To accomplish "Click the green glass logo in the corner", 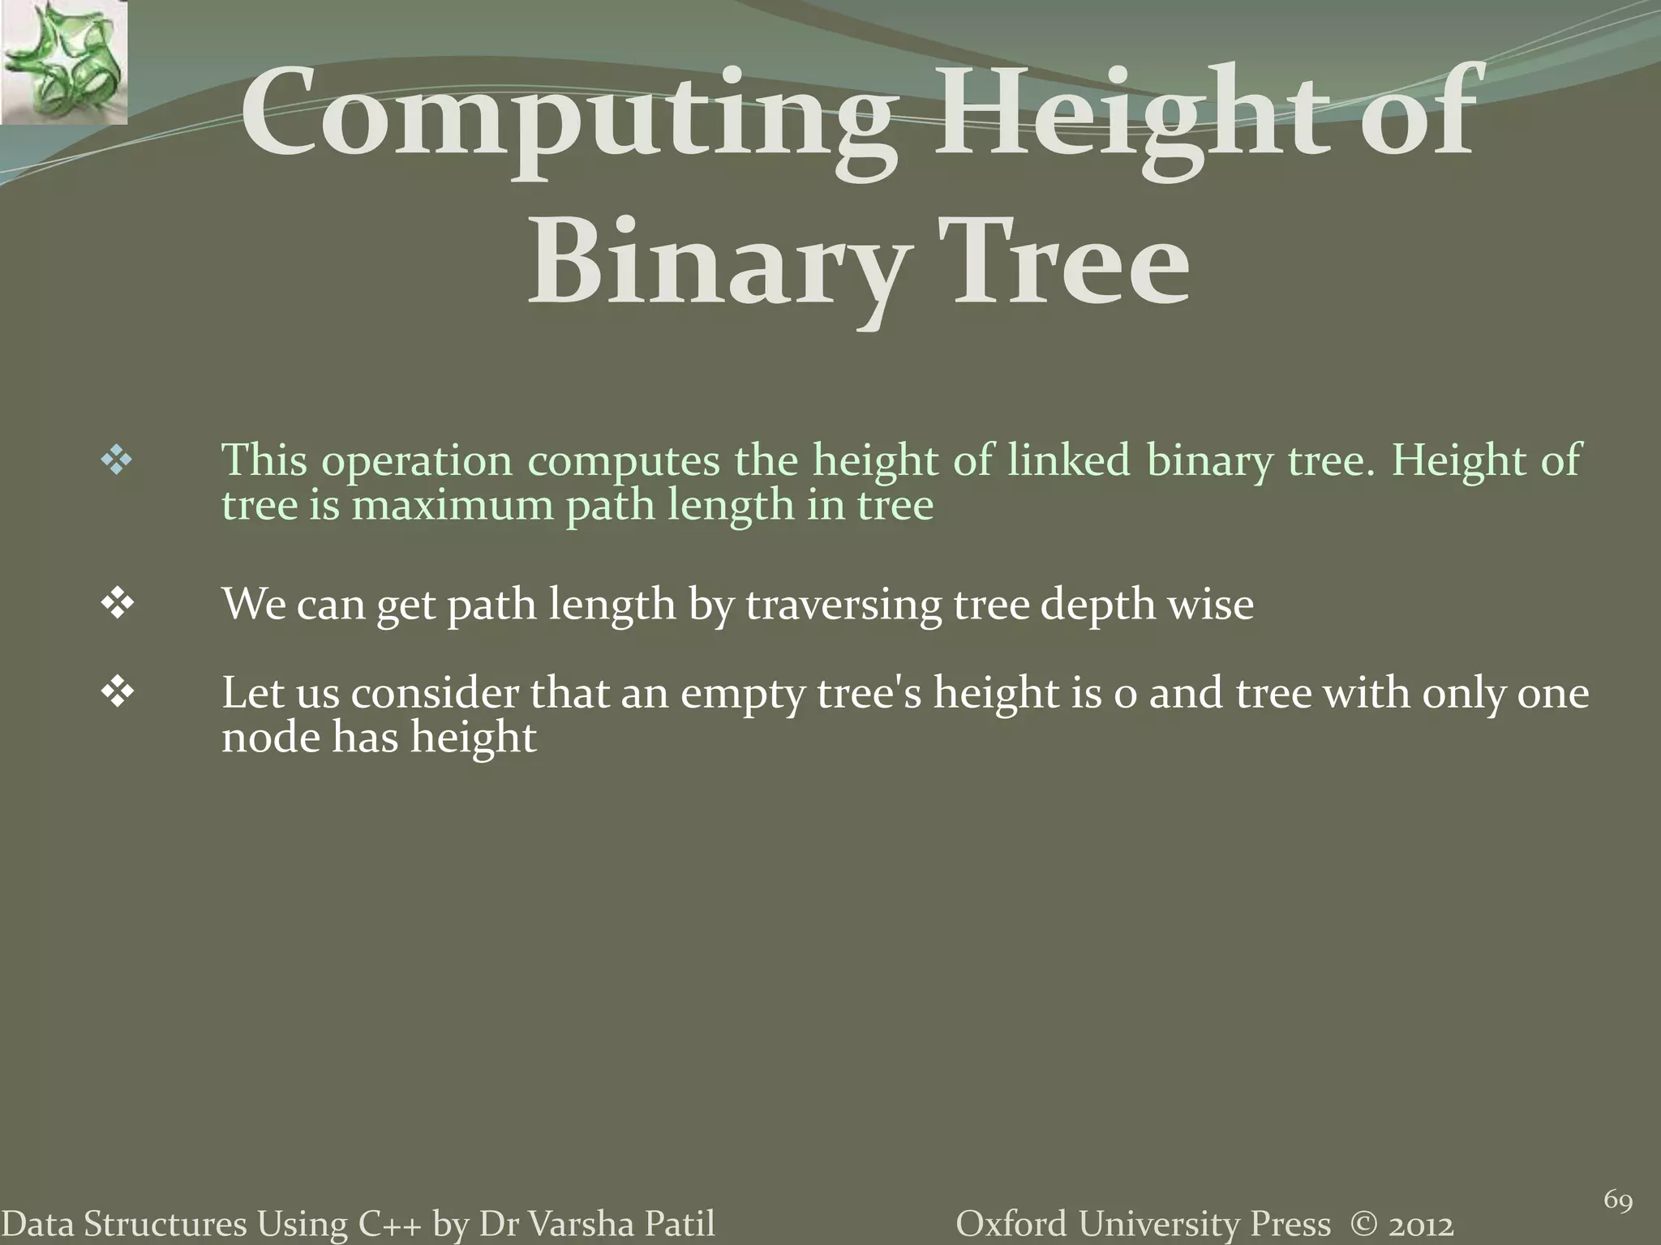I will point(63,62).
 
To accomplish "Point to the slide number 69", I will point(1618,1200).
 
